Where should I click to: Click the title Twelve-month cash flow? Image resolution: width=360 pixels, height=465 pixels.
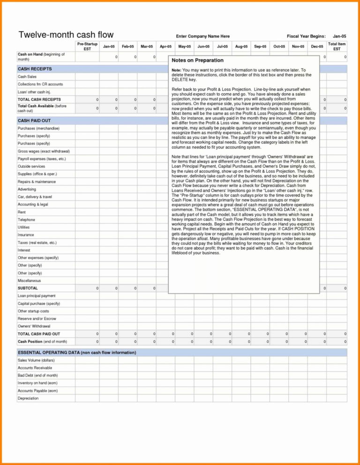click(66, 35)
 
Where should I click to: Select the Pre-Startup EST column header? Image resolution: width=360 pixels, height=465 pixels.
click(87, 46)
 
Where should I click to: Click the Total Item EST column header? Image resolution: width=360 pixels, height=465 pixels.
click(337, 46)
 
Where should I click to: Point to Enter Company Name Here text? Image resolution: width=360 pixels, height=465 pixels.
click(202, 36)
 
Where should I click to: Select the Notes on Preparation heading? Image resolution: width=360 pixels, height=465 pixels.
click(197, 60)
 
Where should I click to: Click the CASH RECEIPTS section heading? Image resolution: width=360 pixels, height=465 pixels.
click(35, 69)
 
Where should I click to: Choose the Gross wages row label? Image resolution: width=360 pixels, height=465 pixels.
click(44, 151)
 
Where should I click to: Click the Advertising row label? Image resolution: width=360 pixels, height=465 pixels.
click(27, 189)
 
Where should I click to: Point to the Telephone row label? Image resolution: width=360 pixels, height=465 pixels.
click(26, 220)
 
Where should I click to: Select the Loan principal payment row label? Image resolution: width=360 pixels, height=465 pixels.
click(37, 296)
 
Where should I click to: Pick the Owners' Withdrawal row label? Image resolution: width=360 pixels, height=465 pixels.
click(34, 326)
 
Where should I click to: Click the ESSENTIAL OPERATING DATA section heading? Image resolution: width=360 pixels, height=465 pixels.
click(77, 352)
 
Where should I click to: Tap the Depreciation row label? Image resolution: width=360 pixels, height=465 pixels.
click(28, 398)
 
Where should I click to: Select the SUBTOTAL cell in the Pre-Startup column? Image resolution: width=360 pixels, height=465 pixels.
click(87, 288)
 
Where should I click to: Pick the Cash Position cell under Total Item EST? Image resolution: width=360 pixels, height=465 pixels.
click(337, 342)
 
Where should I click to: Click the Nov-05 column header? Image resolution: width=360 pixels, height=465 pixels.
click(298, 46)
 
